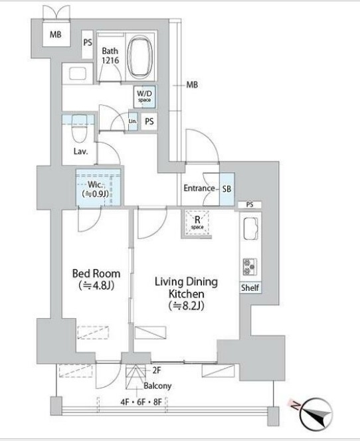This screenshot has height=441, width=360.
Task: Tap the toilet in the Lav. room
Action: click(80, 129)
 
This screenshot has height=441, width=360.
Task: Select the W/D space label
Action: click(144, 96)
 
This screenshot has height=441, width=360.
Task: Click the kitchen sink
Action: click(250, 228)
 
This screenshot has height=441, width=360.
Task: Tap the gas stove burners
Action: click(250, 266)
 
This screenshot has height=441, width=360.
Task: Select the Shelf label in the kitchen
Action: click(250, 288)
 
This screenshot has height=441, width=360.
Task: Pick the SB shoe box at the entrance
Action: click(226, 189)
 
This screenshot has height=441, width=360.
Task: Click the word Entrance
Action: click(199, 188)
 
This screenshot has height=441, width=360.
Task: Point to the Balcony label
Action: click(157, 386)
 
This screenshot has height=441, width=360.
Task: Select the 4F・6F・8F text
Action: click(141, 402)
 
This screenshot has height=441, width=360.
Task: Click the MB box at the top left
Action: click(56, 35)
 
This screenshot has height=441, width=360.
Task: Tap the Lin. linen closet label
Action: click(133, 122)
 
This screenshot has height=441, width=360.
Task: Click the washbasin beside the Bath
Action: click(77, 74)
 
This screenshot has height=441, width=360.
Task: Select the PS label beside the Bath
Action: click(88, 43)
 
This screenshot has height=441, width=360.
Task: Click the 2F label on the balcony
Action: click(157, 371)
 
